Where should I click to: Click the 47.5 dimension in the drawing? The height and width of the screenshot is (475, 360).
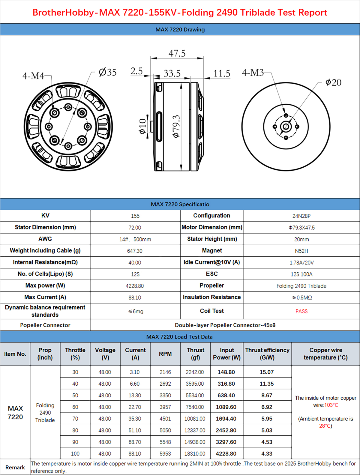[x=177, y=53]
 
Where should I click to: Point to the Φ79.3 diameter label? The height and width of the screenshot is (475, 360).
[x=176, y=126]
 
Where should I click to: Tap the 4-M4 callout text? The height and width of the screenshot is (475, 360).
[x=33, y=76]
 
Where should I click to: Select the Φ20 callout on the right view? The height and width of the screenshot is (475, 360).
[x=333, y=82]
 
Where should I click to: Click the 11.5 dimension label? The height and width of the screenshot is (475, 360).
[x=222, y=73]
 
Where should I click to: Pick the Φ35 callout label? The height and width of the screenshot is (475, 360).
[x=108, y=72]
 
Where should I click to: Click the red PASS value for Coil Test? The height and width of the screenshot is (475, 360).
[x=301, y=311]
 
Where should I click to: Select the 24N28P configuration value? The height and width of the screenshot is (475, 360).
[x=301, y=216]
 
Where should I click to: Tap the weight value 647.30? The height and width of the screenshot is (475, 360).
[x=135, y=251]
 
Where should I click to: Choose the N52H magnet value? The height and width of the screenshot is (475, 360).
[x=301, y=251]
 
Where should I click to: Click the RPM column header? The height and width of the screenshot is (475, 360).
[x=165, y=354]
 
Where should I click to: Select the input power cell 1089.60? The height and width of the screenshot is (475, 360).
[x=226, y=407]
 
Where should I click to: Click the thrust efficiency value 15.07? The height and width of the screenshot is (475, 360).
[x=267, y=372]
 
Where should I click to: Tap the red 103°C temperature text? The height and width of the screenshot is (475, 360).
[x=331, y=405]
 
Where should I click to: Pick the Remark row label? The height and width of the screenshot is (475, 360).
[x=15, y=467]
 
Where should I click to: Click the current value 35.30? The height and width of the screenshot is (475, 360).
[x=135, y=419]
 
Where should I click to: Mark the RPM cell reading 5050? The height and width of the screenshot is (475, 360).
[x=165, y=430]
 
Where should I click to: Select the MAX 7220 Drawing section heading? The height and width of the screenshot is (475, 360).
[x=180, y=29]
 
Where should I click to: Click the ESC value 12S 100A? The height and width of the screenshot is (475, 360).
[x=301, y=274]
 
